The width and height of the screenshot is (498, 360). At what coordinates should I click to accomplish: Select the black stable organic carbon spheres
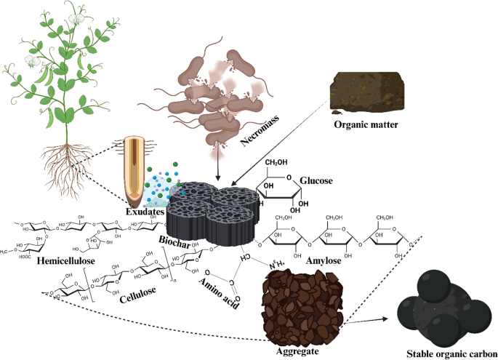coord(440,305)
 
